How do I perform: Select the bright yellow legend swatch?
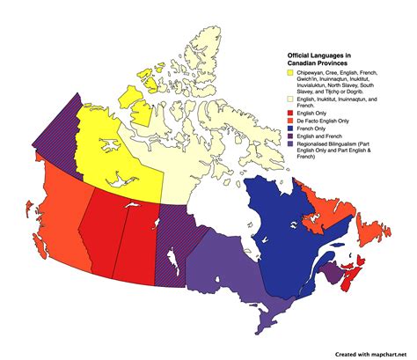[x=291, y=72]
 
